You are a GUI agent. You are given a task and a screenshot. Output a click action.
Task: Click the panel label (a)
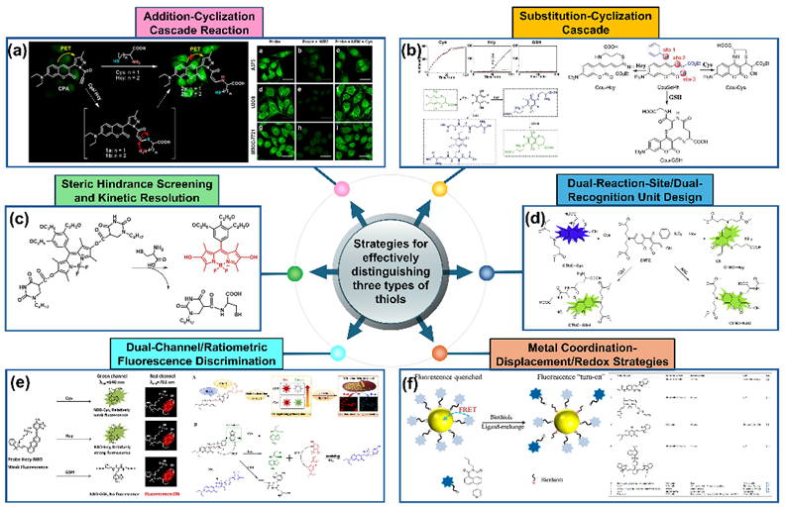pyautogui.click(x=18, y=48)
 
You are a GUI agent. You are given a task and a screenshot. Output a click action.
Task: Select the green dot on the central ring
pyautogui.click(x=293, y=271)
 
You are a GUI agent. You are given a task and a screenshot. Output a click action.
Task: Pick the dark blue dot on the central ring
pyautogui.click(x=486, y=271)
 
